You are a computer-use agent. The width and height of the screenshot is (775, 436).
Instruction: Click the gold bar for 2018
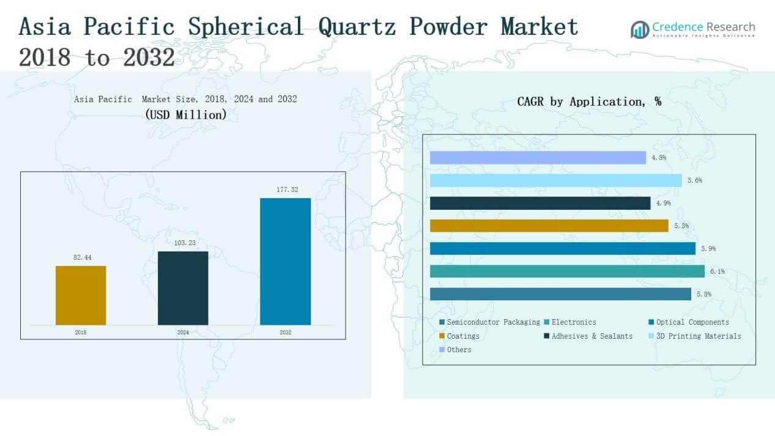pos(81,295)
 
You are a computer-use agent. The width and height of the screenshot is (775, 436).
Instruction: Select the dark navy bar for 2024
pos(183,288)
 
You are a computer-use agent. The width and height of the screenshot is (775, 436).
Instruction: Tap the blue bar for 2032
pos(286,261)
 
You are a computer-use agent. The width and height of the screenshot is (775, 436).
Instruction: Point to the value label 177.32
pos(287,190)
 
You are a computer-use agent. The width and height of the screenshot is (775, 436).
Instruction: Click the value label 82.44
pos(83,257)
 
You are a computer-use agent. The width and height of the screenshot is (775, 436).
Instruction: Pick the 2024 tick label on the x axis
pos(183,332)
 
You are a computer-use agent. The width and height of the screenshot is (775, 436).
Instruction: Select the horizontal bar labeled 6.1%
pos(568,271)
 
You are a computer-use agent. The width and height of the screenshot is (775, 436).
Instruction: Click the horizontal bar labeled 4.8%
pos(538,157)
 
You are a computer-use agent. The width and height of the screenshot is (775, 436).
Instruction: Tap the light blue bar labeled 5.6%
pos(556,180)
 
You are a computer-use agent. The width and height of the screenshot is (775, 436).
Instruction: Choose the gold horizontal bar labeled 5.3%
pos(549,226)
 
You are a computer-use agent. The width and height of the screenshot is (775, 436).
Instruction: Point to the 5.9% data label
pos(708,249)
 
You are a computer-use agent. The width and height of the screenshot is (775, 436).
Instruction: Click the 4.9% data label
pos(663,203)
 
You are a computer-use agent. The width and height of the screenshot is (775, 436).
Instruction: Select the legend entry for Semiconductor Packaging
pos(489,322)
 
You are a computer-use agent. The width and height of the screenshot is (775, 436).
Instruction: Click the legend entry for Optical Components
pos(689,322)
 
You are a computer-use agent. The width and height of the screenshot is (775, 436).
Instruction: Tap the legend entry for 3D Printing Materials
pos(695,336)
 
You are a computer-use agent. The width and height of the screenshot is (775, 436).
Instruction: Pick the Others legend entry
pos(455,350)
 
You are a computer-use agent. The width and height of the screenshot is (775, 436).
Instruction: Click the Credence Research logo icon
pos(640,29)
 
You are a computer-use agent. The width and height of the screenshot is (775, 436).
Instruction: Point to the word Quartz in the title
pos(357,26)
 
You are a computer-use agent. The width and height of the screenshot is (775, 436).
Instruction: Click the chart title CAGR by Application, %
pos(589,102)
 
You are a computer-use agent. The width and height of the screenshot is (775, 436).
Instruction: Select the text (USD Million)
pos(186,114)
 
